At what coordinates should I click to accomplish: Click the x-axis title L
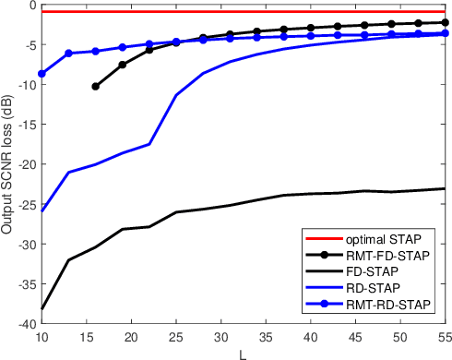[x=244, y=352]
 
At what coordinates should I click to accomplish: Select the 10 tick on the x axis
[x=42, y=335]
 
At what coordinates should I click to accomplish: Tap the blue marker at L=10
[x=42, y=73]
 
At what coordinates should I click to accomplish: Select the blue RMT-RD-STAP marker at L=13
[x=68, y=54]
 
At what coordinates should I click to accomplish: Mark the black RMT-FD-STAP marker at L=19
[x=123, y=65]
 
